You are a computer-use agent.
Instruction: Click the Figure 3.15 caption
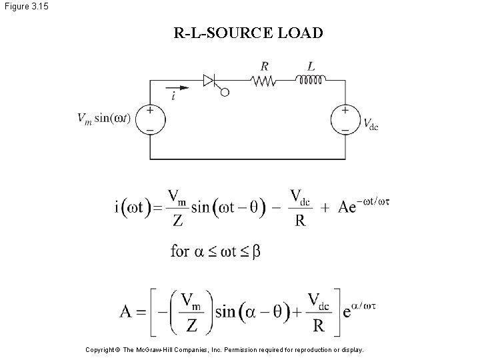pos(25,7)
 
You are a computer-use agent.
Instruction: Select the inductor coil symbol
pos(311,81)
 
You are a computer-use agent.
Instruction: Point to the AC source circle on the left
pos(150,120)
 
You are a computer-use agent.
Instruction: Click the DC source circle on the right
pos(345,120)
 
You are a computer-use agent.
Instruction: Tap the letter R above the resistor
pos(265,66)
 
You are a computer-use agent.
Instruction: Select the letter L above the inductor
pos(311,66)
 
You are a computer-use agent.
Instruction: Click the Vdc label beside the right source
pos(370,123)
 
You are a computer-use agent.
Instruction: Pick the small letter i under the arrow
pos(173,97)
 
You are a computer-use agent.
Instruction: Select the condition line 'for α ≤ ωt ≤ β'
pos(215,251)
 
